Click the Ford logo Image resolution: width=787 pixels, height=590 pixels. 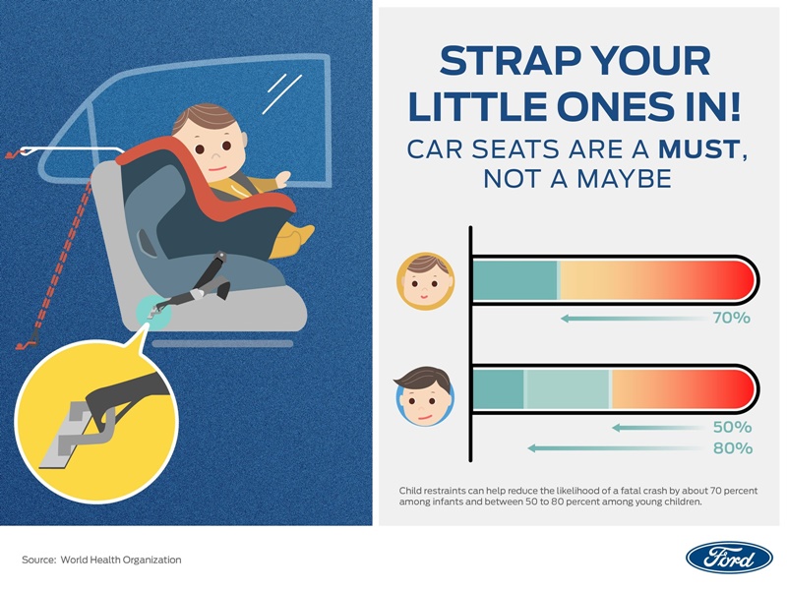coord(729,558)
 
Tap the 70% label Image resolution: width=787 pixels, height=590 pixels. coord(732,318)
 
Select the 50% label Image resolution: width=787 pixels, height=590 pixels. coord(732,427)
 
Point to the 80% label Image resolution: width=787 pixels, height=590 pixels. coord(733,448)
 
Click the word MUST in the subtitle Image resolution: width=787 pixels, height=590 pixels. coord(698,149)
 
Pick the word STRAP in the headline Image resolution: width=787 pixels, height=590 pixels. coord(510,61)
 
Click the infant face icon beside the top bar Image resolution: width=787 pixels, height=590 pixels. coord(425,281)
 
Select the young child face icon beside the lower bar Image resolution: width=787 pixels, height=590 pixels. coord(425,396)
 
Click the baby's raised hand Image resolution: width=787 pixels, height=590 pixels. coord(282,178)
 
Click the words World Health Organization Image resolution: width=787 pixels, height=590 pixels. coord(121,560)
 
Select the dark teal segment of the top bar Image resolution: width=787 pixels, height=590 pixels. coord(515,280)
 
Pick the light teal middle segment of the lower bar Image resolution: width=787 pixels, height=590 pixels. coord(568,389)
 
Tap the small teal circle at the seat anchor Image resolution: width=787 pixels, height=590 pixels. coord(153,312)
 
